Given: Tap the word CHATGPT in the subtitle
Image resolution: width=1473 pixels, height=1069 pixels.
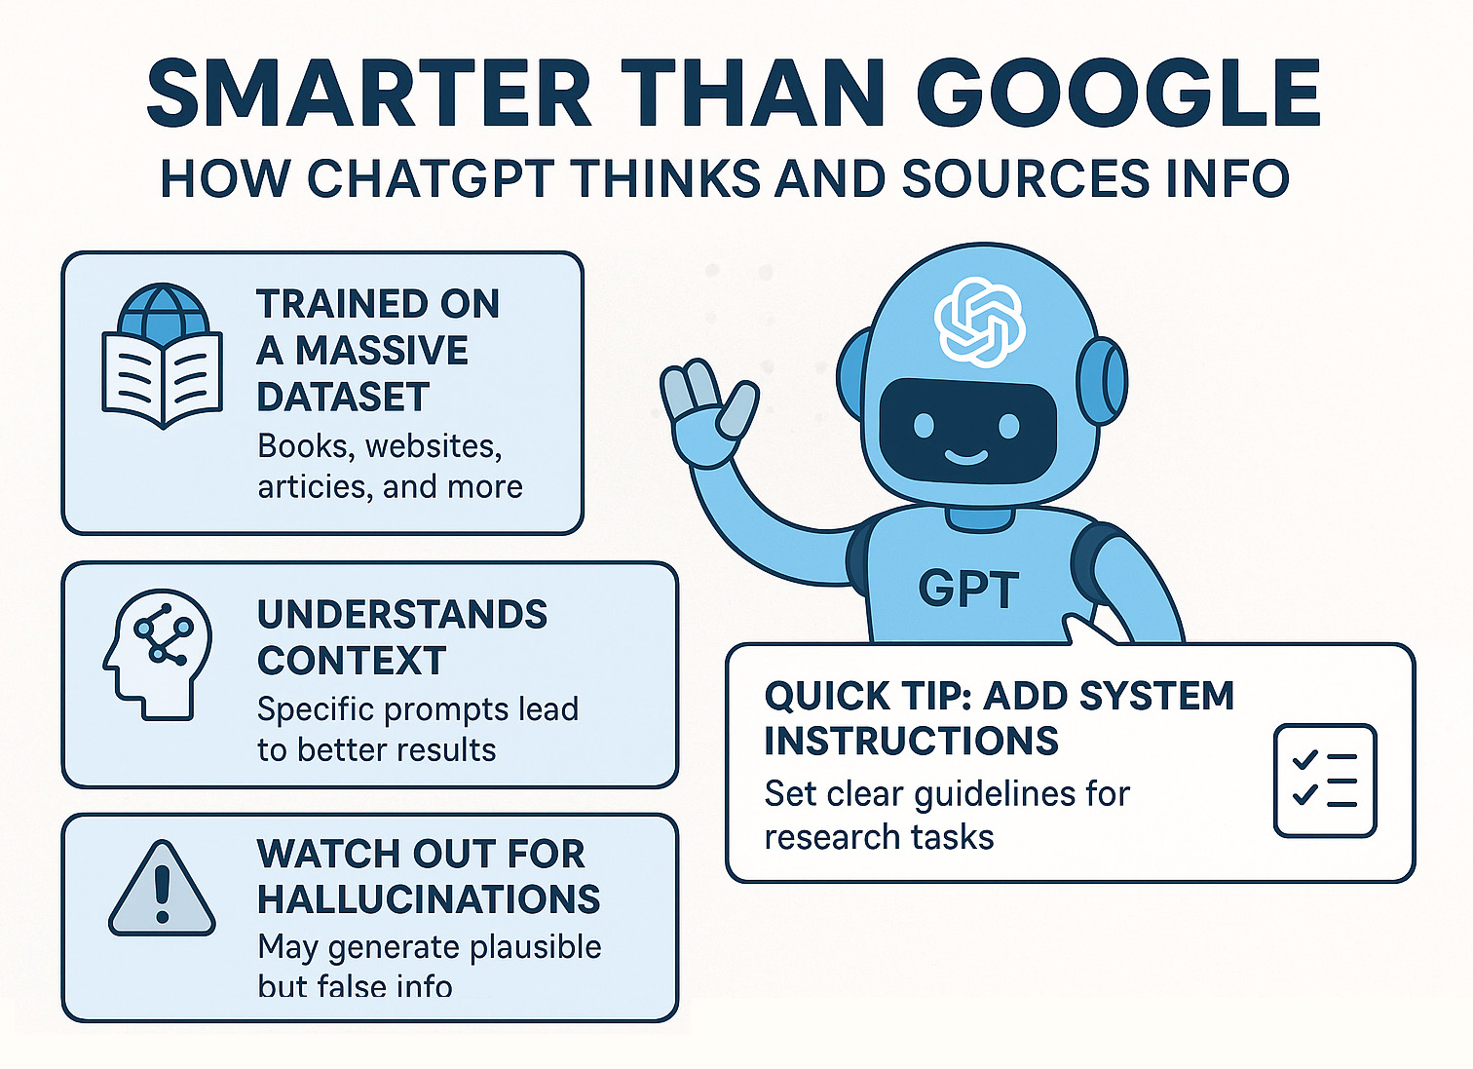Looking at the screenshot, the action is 432,178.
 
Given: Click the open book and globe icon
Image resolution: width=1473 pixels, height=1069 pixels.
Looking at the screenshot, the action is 162,356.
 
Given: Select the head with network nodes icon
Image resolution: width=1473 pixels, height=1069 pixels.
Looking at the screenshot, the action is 158,654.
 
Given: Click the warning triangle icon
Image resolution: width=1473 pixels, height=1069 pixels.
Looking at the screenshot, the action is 162,888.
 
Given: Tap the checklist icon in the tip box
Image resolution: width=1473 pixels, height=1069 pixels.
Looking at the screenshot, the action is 1325,781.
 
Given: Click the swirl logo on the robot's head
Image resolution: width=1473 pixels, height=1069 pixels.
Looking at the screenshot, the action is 979,322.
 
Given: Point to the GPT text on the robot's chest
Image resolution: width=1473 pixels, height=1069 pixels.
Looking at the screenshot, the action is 968,590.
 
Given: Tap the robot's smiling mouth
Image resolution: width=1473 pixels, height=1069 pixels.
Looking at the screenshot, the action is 966,457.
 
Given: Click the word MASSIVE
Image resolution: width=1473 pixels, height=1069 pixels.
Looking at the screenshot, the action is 382,350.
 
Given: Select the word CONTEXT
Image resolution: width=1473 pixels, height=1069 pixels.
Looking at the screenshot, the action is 352,660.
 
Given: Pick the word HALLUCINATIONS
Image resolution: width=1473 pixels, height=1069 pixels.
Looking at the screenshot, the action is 429,898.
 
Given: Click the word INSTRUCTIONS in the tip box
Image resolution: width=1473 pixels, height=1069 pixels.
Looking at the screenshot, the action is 912,740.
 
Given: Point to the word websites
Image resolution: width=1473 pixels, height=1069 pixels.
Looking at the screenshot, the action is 434,446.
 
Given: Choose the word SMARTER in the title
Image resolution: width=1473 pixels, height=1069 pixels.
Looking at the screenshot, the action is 368,94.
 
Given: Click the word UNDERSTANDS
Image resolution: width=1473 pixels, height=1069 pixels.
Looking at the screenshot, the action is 402,614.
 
